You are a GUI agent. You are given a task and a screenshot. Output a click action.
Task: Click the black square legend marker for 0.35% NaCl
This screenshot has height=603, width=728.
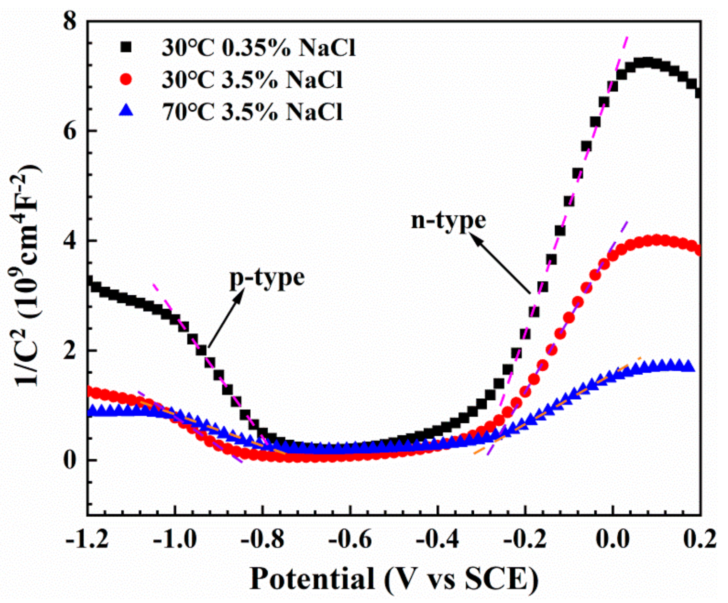point(126,47)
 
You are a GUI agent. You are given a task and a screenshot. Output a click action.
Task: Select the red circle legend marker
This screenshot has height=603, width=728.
point(126,79)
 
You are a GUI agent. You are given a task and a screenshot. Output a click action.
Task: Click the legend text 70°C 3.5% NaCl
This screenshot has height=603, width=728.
point(252,111)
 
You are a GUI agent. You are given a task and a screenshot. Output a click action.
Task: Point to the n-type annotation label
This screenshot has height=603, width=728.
point(448,220)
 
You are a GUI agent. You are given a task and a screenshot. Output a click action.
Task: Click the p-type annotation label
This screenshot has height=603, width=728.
point(267,278)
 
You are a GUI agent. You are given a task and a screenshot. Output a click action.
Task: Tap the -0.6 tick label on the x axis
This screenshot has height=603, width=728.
point(350,539)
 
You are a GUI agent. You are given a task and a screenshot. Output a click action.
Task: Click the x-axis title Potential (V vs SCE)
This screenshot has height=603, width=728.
point(393,578)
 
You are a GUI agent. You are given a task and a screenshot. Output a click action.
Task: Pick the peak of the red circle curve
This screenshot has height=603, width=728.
point(663,240)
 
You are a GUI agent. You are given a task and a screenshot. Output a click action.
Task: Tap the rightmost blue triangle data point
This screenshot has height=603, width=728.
point(689,366)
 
